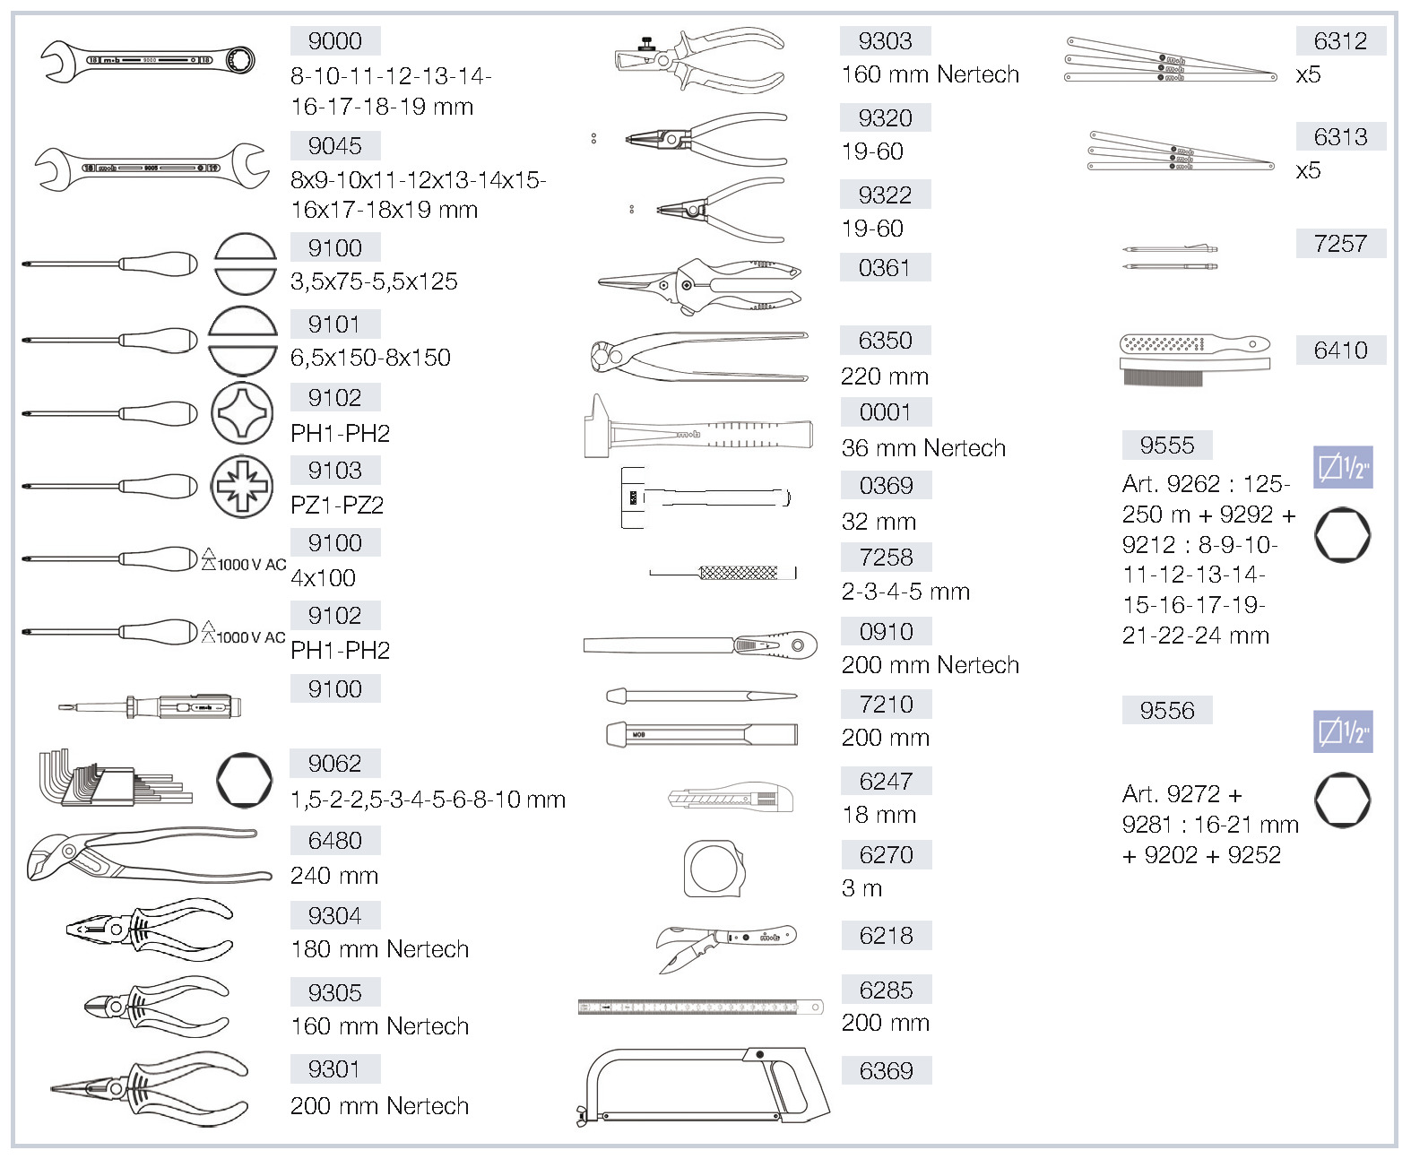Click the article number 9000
[334, 41]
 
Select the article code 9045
[334, 146]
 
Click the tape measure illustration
[714, 869]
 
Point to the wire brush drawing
[1195, 360]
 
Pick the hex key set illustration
[115, 777]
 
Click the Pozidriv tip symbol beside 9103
[242, 487]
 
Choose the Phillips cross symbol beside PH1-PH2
[242, 413]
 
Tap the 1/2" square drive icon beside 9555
[1343, 467]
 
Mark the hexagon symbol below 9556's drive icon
[1342, 800]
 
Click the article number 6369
[886, 1070]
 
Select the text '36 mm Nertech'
[923, 447]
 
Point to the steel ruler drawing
[701, 1007]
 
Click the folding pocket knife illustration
[726, 947]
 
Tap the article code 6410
[1341, 350]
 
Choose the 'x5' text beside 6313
[1308, 170]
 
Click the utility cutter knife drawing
[731, 797]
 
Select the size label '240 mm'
[334, 875]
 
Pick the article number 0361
[885, 268]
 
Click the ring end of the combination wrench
[240, 60]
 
